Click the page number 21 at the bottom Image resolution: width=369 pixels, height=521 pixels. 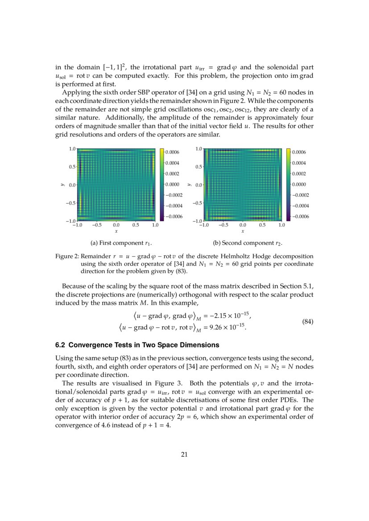point(184,455)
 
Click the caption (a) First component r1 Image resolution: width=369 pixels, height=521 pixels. point(121,243)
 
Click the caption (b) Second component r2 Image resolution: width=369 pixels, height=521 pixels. point(248,243)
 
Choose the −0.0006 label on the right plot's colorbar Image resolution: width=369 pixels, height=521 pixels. point(300,217)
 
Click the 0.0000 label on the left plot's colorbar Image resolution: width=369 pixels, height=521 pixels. point(172,185)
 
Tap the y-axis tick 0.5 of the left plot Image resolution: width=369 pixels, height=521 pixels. point(71,167)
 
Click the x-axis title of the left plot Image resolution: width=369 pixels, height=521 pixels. point(116,231)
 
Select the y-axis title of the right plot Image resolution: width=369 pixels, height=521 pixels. point(190,185)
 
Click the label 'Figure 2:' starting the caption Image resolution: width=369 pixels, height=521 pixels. point(67,256)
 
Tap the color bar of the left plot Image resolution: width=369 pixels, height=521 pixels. point(162,185)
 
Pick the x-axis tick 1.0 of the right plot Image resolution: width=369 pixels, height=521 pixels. point(282,225)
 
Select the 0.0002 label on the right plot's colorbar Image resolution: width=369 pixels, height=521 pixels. point(299,174)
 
